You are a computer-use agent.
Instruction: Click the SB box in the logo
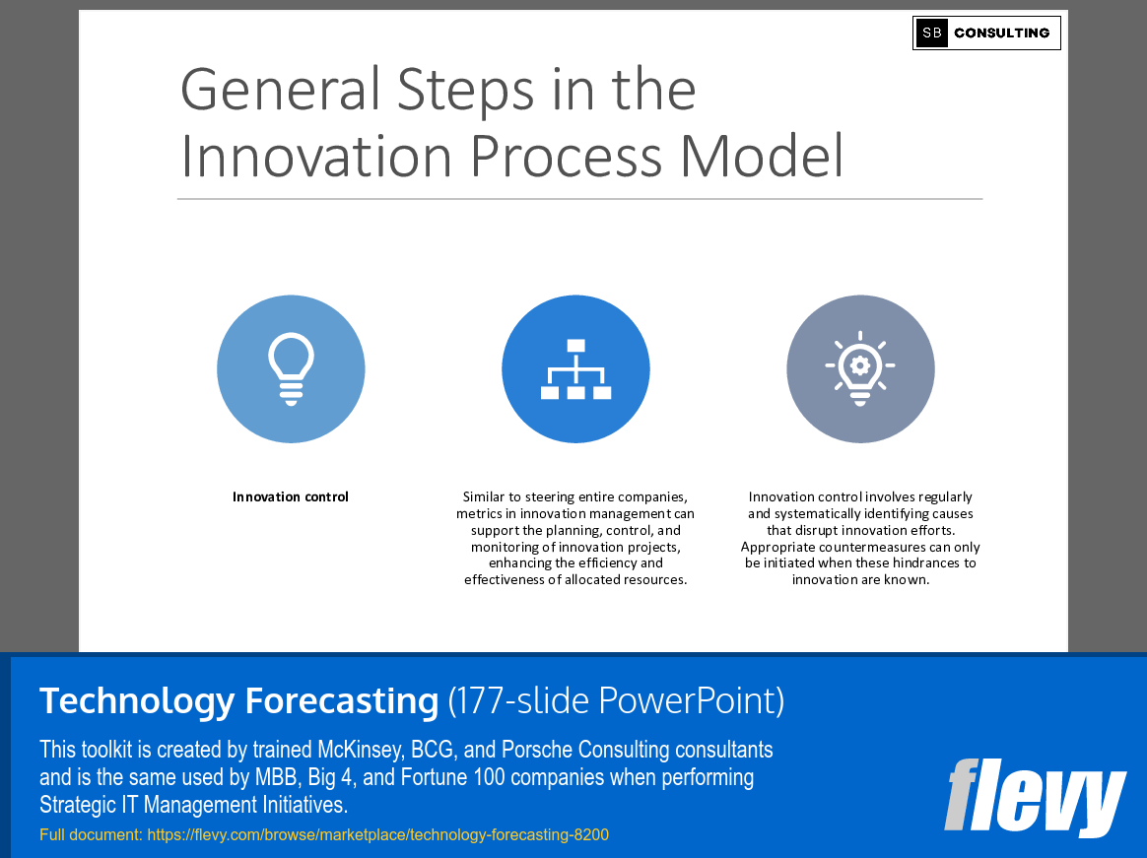[931, 33]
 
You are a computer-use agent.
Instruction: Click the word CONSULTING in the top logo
[1001, 33]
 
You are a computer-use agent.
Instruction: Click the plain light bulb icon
[291, 369]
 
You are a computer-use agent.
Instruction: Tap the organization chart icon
[575, 369]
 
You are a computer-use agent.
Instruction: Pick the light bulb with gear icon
[860, 369]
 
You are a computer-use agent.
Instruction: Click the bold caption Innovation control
[291, 496]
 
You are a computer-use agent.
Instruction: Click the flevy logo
[1035, 796]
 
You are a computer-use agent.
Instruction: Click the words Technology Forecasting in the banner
[238, 700]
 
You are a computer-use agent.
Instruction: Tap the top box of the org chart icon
[576, 346]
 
